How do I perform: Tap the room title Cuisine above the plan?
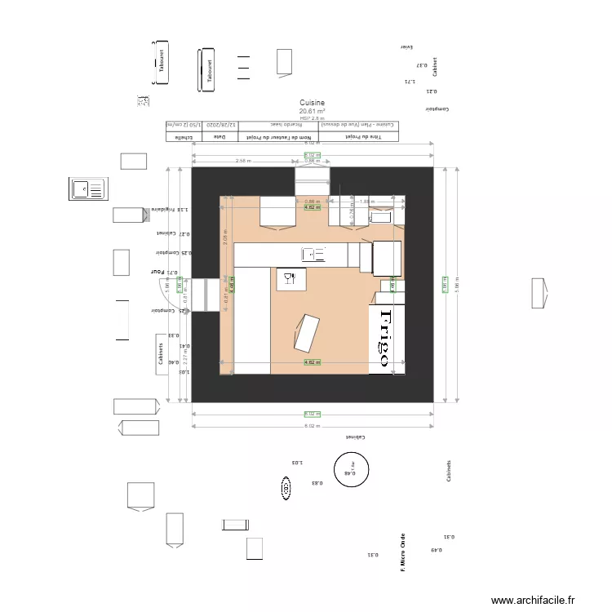click(313, 103)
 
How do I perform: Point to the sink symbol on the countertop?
click(313, 254)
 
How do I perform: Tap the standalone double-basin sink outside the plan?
click(87, 189)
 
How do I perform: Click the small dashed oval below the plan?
click(286, 489)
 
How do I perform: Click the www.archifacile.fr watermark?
click(534, 601)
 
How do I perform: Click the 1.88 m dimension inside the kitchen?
click(366, 201)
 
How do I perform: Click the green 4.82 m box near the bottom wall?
click(312, 361)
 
